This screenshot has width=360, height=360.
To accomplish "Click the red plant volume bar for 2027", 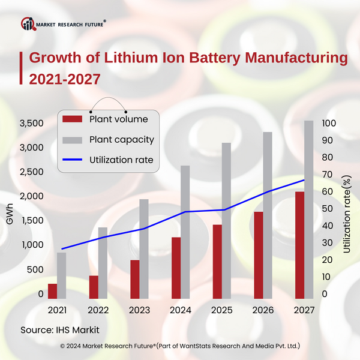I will (x=300, y=245).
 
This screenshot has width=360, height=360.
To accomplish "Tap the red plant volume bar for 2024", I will (x=176, y=268).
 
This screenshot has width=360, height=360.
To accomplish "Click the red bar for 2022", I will (x=94, y=287).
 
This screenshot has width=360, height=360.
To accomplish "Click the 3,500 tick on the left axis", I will (x=31, y=123).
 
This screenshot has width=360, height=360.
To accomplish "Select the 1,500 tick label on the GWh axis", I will (x=31, y=221).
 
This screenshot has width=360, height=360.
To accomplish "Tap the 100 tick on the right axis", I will (x=329, y=123).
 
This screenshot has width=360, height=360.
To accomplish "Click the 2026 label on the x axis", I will (x=263, y=310).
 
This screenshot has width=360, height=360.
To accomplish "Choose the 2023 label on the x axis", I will (x=139, y=310).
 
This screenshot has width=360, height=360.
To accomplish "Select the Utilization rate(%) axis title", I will (x=347, y=213).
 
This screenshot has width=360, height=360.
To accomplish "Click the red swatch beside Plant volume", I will (x=73, y=119).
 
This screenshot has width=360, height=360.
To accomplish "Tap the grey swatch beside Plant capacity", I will (x=73, y=140).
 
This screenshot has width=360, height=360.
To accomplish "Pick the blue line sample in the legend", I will (x=73, y=160).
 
